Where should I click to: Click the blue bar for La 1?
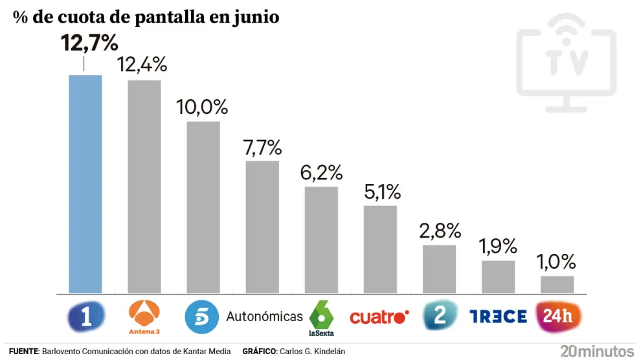click(85, 184)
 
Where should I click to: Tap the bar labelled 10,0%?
click(203, 207)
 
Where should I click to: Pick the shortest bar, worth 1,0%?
click(557, 284)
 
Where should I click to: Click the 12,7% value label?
click(89, 43)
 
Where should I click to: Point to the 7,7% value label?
click(263, 148)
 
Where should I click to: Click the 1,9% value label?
click(498, 246)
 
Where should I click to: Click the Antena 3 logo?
click(144, 317)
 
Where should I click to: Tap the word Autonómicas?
click(264, 317)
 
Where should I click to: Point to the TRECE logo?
click(498, 317)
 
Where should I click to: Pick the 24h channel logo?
click(557, 317)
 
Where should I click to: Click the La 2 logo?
click(439, 316)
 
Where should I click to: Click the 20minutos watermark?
click(597, 352)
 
